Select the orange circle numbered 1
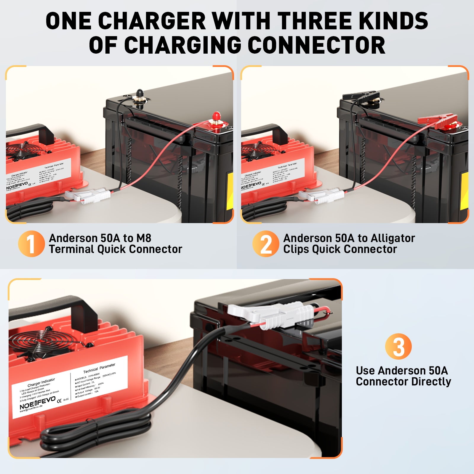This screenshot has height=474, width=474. pyautogui.click(x=31, y=244)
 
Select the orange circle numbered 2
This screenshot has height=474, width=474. pyautogui.click(x=265, y=244)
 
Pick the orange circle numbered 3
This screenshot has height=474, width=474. pyautogui.click(x=398, y=346)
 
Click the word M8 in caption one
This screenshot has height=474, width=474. pyautogui.click(x=143, y=238)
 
